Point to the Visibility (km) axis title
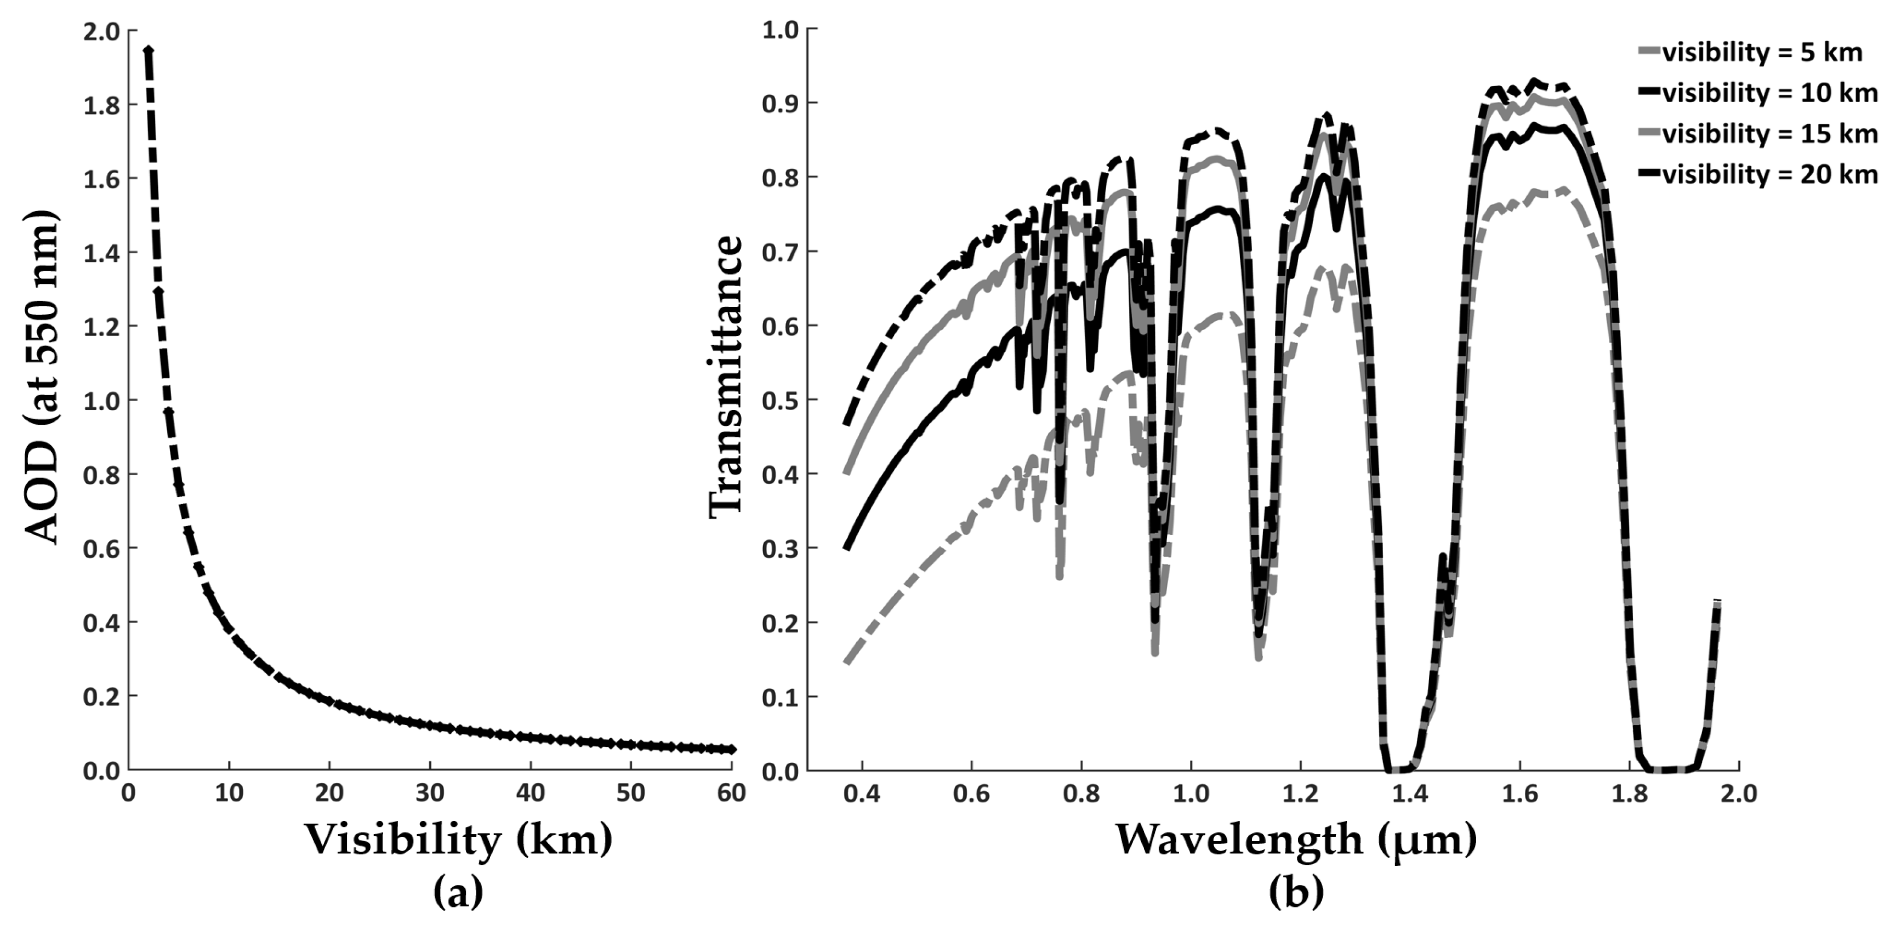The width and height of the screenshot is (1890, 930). tap(459, 838)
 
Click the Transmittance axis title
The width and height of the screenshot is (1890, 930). tap(726, 378)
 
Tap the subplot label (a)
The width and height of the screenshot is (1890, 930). tap(459, 893)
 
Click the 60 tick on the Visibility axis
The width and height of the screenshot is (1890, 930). tap(731, 794)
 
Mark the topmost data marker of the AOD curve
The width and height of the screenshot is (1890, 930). tap(148, 50)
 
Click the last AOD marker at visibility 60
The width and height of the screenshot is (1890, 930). tap(731, 749)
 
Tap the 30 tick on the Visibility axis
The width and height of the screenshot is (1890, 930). tap(430, 794)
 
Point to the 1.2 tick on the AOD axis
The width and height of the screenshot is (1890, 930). tap(102, 327)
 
